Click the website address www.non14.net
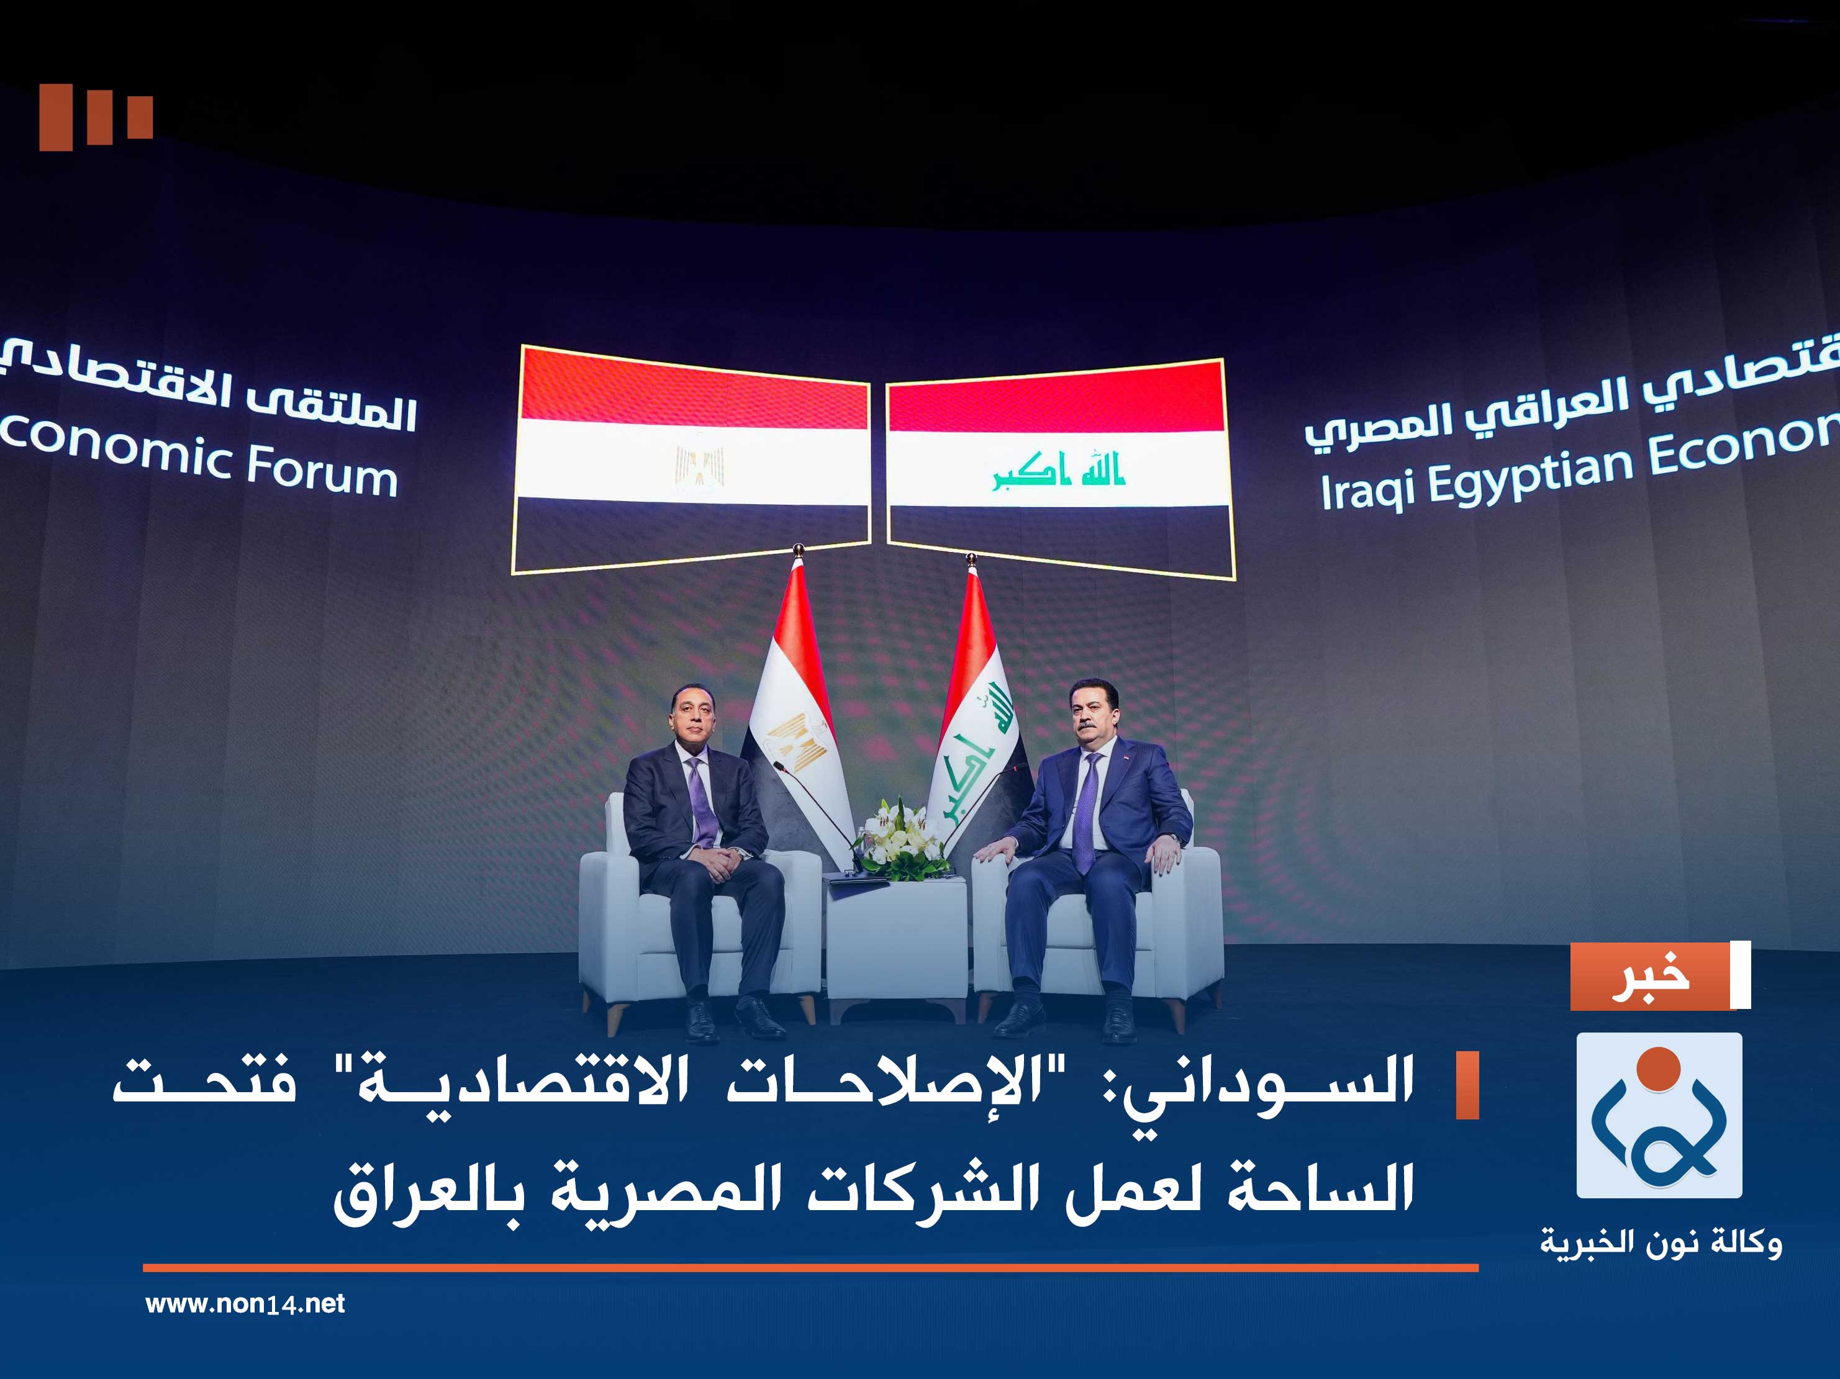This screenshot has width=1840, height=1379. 245,1303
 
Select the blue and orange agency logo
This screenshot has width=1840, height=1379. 1659,1115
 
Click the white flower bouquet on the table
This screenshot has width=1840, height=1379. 899,835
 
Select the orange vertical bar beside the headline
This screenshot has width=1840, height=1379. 1467,1085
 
